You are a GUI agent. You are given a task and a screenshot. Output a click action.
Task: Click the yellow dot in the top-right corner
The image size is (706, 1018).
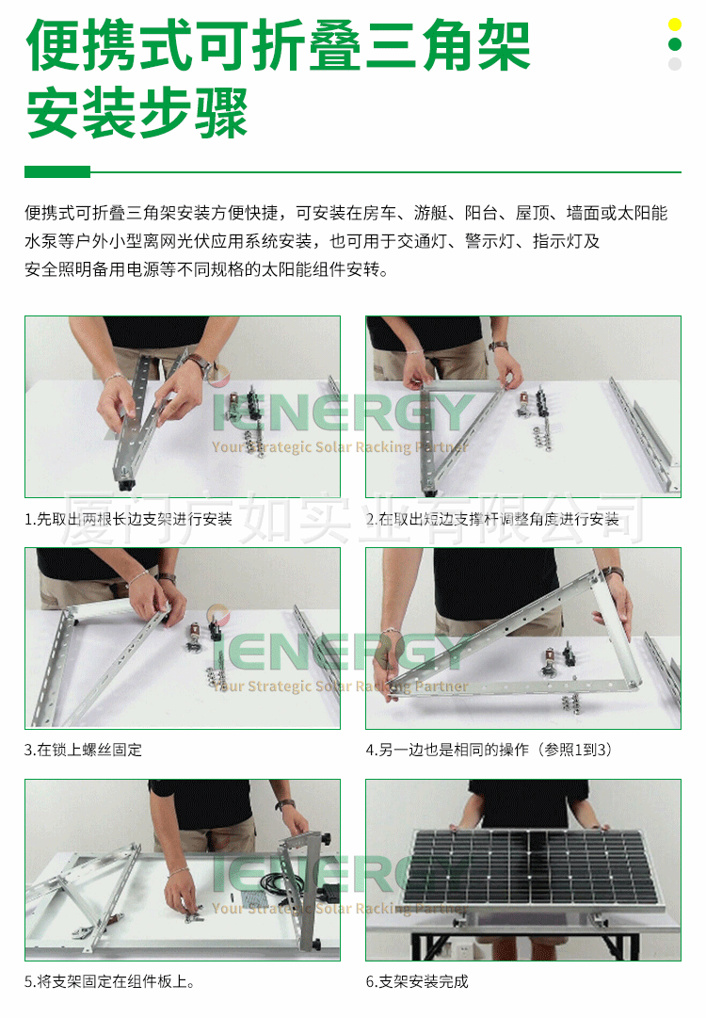tap(674, 24)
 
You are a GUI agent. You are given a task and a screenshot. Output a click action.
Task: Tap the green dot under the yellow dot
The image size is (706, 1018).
tap(674, 44)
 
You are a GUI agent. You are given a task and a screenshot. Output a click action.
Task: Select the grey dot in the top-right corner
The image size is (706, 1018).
tap(674, 64)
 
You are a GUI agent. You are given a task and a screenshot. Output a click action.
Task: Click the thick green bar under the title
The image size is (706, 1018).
tap(57, 172)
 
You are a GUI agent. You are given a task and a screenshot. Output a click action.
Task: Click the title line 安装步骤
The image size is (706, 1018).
tap(137, 114)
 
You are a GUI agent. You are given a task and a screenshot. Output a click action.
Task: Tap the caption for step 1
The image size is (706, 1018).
tap(128, 519)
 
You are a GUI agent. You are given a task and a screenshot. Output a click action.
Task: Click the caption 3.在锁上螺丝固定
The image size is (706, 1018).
tap(84, 750)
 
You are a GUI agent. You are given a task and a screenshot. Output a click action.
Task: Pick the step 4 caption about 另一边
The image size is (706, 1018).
tap(489, 750)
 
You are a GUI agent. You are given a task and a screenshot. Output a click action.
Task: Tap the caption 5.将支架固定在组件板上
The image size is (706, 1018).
tap(110, 981)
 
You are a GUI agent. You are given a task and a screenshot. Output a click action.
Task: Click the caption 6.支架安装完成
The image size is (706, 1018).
tap(417, 981)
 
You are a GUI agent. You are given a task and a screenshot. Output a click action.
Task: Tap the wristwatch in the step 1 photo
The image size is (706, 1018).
tap(198, 362)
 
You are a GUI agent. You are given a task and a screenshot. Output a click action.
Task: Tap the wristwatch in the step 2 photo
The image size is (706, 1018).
tap(498, 347)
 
